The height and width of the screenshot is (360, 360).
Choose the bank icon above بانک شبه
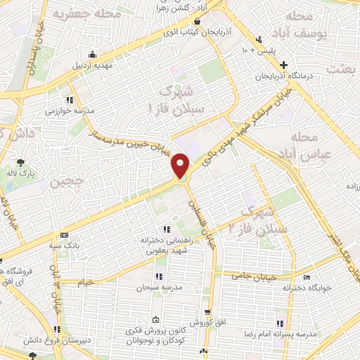click(x=66, y=235)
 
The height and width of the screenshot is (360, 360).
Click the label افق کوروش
click(x=206, y=323)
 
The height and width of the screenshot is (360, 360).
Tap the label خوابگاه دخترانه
click(x=306, y=288)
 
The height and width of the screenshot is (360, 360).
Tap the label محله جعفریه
click(x=75, y=14)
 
